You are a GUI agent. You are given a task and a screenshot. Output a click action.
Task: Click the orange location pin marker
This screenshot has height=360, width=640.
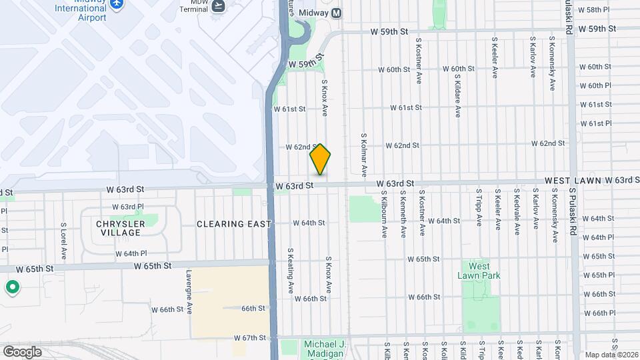pyautogui.click(x=320, y=159)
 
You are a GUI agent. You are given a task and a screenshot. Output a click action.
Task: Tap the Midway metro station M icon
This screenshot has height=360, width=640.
pyautogui.click(x=336, y=13)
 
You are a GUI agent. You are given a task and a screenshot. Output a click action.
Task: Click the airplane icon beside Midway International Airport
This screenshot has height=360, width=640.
pyautogui.click(x=117, y=4)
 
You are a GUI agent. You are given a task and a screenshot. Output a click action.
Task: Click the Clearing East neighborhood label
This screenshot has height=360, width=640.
pyautogui.click(x=234, y=224)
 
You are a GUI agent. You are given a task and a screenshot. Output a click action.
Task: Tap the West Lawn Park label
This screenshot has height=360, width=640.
pyautogui.click(x=479, y=271)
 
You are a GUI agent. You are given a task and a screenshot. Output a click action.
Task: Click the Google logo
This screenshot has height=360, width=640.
pyautogui.click(x=22, y=351)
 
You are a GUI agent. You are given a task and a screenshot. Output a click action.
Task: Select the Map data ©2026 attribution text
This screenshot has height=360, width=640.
pyautogui.click(x=611, y=355)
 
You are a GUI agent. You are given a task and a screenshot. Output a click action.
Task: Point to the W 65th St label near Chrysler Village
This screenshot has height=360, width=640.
pyautogui.click(x=153, y=265)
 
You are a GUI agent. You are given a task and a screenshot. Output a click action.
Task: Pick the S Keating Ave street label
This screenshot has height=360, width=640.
pyautogui.click(x=291, y=271)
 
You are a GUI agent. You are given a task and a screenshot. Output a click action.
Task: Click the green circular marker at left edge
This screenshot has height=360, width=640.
pyautogui.click(x=12, y=288)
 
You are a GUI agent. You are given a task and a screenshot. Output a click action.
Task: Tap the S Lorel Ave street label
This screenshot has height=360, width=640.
pyautogui.click(x=64, y=241)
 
